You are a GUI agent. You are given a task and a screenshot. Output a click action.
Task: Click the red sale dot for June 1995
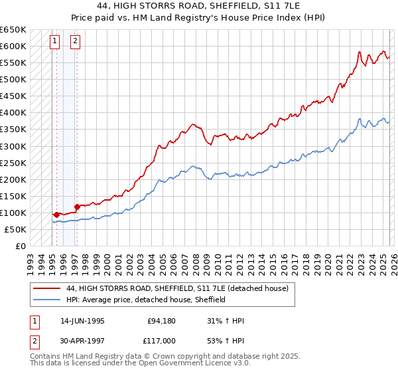[56, 215]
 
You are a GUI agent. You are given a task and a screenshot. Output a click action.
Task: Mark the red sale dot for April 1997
[77, 207]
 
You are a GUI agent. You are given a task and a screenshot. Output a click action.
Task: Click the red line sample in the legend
[46, 289]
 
